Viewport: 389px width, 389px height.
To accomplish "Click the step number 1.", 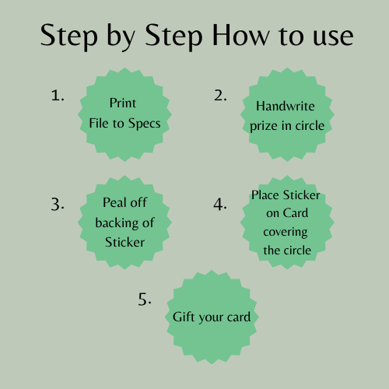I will coord(57,96).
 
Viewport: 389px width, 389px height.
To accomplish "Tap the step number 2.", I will coord(220,96).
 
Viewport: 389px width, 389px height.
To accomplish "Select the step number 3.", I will coord(57,204).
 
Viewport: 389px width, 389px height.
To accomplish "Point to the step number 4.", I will coord(220,204).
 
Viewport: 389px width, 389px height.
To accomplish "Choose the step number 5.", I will coord(145,300).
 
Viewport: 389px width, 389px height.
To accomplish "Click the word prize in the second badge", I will coord(265,125).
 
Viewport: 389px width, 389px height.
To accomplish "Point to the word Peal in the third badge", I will coord(115,202).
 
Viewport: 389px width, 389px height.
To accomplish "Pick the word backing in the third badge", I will coord(116,222).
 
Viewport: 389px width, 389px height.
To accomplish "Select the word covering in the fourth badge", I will coord(285,232).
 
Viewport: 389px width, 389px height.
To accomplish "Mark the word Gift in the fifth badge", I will coord(184,317).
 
